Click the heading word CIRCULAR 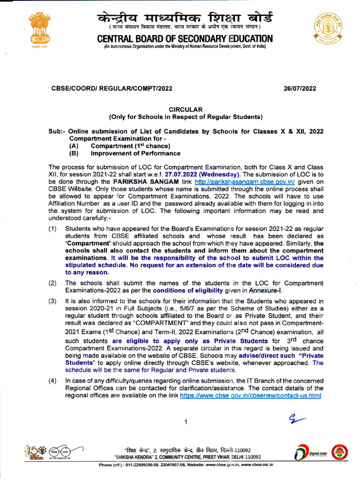(x=186, y=109)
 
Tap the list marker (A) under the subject (x=74, y=146)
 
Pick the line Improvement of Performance (x=135, y=153)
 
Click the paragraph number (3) (x=52, y=300)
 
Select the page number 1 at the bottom (x=186, y=422)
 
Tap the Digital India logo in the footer (x=309, y=453)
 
